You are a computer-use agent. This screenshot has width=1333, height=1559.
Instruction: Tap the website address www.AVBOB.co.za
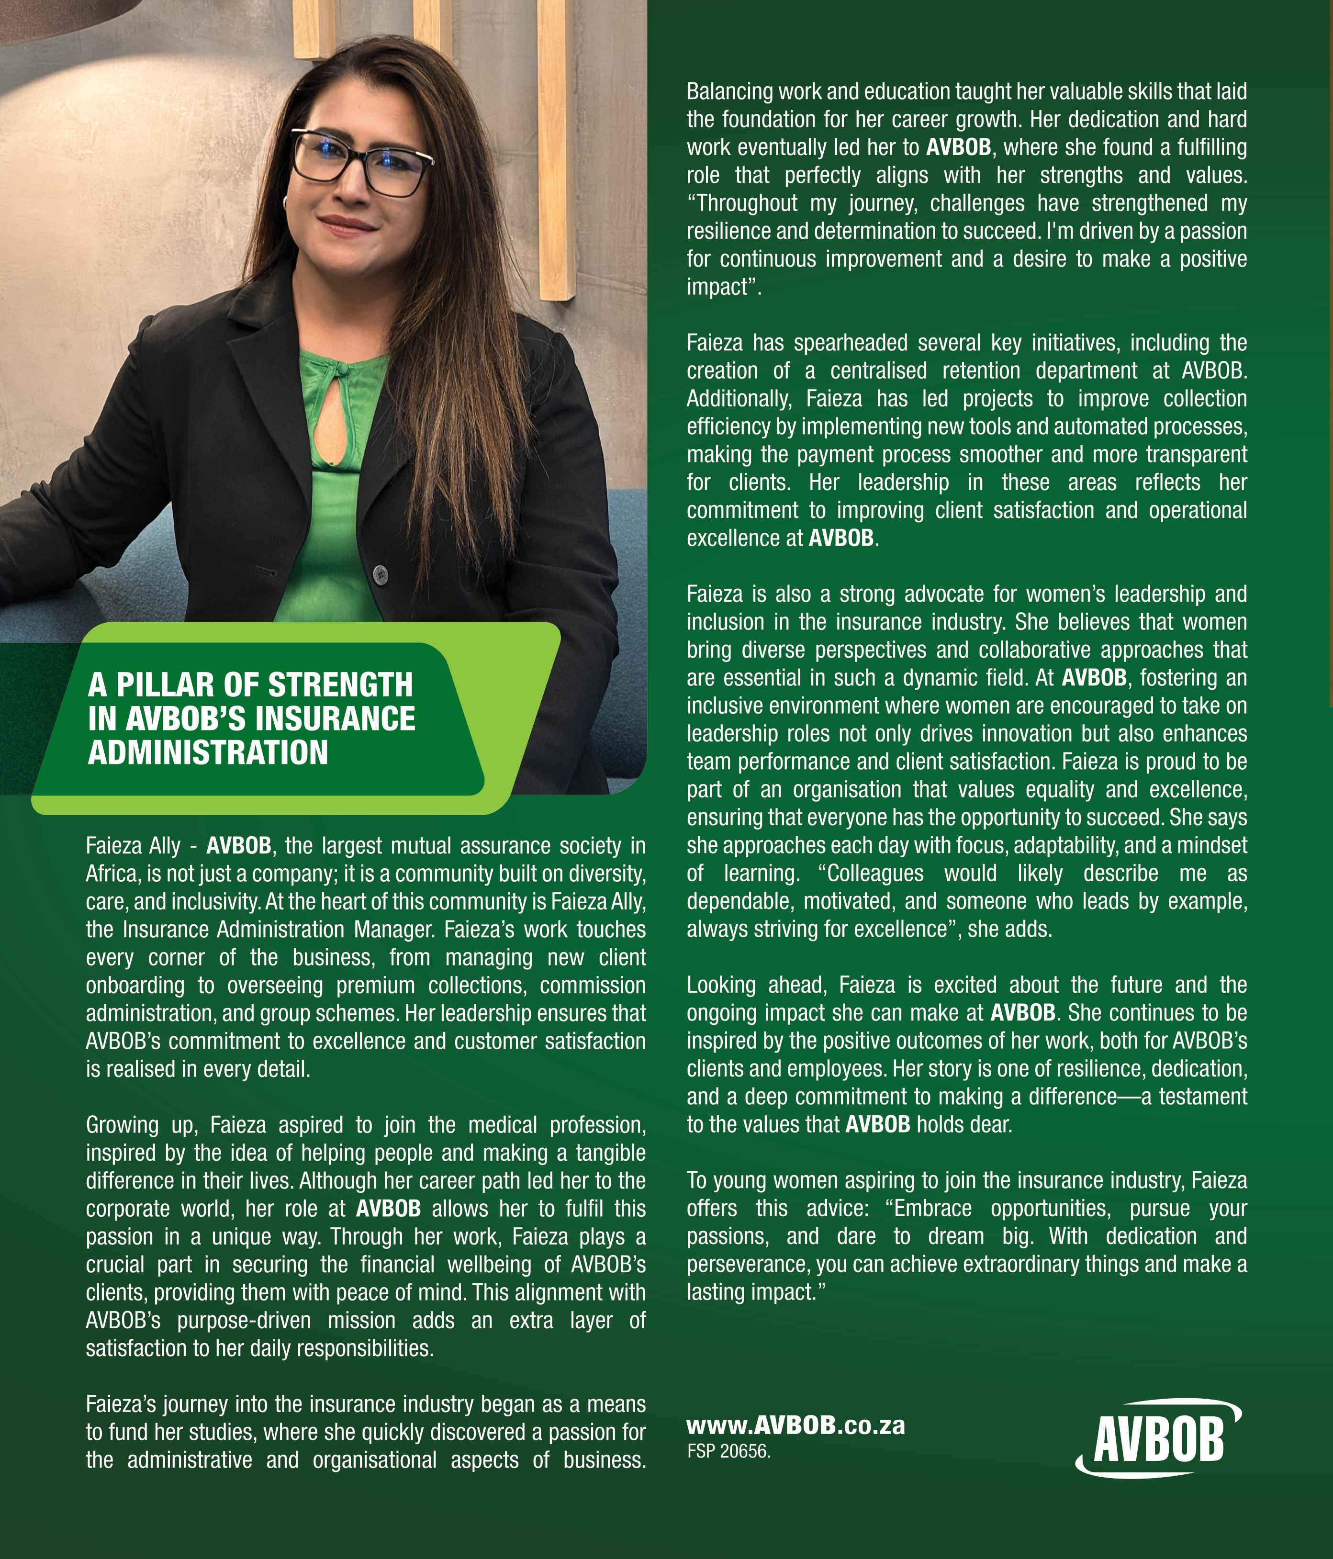(x=795, y=1425)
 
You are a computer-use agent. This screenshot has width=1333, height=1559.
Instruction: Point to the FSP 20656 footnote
(x=728, y=1451)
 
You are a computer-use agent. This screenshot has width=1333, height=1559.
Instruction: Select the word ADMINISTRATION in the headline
(x=208, y=751)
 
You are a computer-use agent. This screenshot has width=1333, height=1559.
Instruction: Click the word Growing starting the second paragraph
(x=122, y=1125)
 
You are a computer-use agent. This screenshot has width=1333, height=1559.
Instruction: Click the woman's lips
(x=347, y=224)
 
